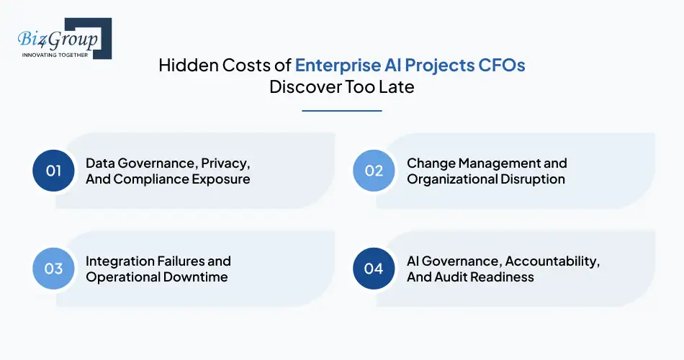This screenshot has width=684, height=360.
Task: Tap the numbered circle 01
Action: tap(54, 171)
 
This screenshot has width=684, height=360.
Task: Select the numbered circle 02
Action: tap(374, 171)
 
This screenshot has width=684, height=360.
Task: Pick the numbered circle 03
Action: tap(54, 269)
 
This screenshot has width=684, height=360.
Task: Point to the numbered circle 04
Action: tap(374, 269)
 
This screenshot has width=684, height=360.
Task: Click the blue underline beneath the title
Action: tap(341, 111)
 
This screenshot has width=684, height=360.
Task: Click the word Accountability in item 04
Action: tap(553, 261)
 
